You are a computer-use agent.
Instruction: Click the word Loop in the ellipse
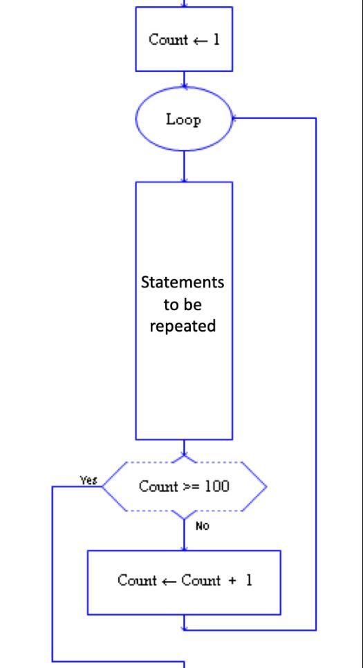[183, 120]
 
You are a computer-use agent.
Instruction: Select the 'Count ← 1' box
[184, 39]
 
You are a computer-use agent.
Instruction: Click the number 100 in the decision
[217, 486]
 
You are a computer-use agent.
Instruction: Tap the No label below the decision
[202, 526]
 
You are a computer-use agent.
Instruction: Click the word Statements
[183, 283]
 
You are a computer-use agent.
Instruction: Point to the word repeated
[183, 325]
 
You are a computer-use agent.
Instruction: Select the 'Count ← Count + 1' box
[184, 582]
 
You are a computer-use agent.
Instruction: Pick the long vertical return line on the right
[316, 373]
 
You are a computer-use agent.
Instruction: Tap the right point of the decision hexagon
[266, 486]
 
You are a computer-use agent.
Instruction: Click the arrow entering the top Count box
[184, 4]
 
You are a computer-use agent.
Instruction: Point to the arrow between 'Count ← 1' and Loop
[184, 79]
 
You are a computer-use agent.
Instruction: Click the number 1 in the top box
[216, 39]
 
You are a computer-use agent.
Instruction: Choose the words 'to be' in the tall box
[183, 305]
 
